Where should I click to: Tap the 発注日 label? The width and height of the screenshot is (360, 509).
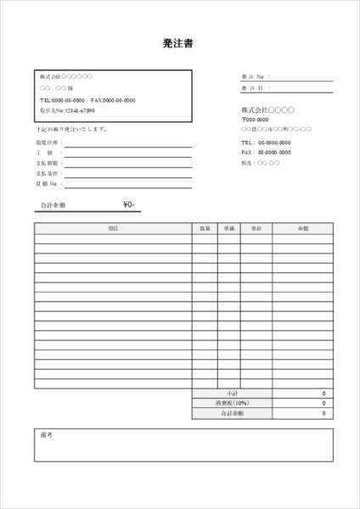[x=255, y=87]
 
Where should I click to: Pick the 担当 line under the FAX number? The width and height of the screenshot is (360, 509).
[x=260, y=162]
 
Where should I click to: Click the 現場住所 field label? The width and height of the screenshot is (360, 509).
[x=48, y=143]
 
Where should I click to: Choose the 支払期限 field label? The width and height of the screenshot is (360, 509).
[x=48, y=163]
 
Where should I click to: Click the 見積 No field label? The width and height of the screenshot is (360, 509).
[x=47, y=183]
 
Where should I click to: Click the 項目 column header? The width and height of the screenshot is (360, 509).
[x=113, y=228]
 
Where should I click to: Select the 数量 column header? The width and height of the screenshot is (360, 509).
[x=205, y=228]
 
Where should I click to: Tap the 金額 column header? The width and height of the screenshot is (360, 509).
[x=303, y=228]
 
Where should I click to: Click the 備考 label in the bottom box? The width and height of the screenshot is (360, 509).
[x=47, y=434]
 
